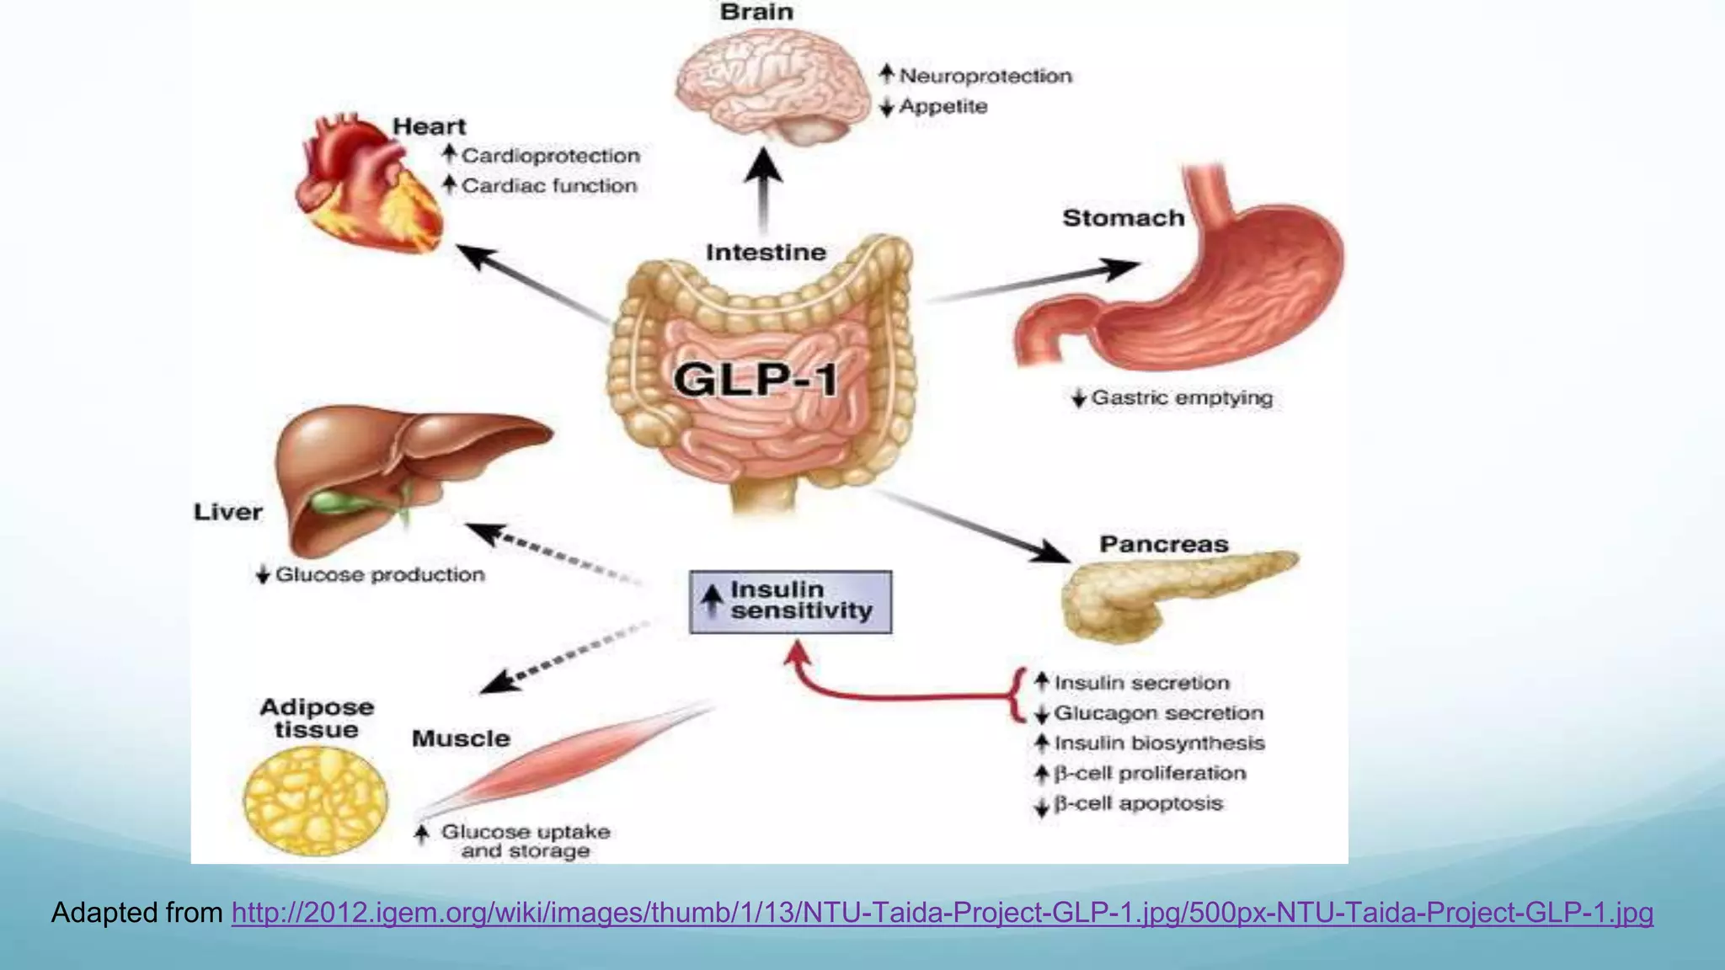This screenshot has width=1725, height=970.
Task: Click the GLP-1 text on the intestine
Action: coord(756,379)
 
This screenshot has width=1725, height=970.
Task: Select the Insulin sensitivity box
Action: coord(790,601)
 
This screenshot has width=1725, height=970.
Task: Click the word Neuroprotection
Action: coord(985,76)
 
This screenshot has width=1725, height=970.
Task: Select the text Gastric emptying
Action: coord(1181,397)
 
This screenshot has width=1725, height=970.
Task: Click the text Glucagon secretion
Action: coord(1158,713)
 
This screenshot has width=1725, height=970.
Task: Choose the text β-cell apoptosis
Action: coord(1137,803)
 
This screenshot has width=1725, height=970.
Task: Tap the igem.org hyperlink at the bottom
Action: coord(942,913)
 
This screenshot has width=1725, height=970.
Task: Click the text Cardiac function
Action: coord(549,185)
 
